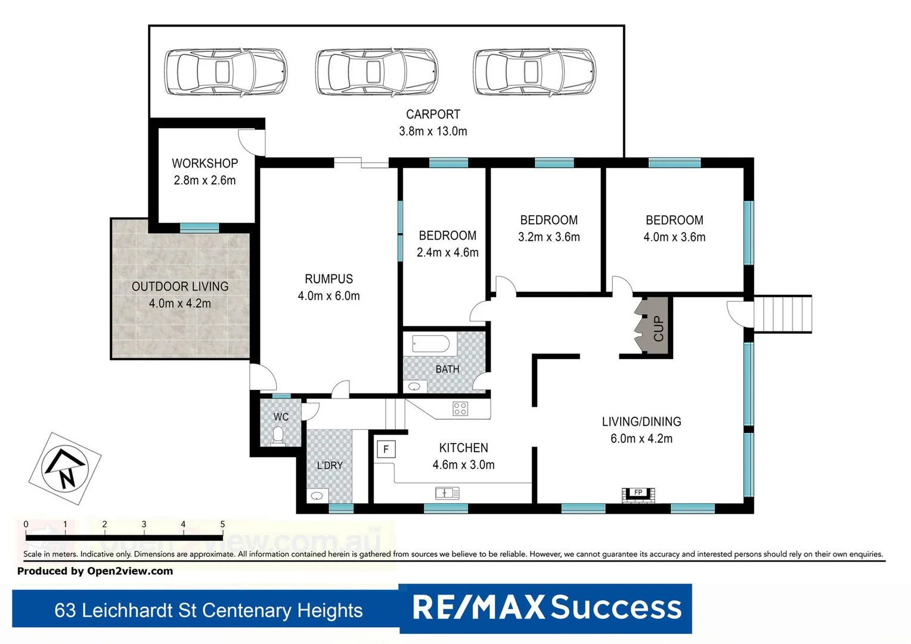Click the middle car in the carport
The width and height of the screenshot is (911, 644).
(376, 72)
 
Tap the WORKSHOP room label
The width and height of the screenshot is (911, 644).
(204, 163)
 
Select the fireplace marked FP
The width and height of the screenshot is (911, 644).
(638, 494)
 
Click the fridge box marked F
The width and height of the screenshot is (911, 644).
(386, 450)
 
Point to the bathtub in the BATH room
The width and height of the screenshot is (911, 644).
(430, 344)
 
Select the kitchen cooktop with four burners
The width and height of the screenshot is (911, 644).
(460, 408)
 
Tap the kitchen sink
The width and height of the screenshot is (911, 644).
(447, 493)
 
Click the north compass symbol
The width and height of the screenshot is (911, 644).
(65, 469)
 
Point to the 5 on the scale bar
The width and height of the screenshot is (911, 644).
(222, 525)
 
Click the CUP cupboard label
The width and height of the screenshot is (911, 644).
(658, 328)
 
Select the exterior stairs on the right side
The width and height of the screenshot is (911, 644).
(783, 314)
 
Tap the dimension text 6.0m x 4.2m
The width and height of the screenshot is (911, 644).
(641, 439)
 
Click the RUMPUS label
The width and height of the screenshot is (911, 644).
(329, 279)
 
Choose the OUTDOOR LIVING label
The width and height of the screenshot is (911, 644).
(180, 287)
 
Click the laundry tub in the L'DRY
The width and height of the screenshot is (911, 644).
(317, 496)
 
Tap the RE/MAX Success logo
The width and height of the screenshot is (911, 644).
(546, 608)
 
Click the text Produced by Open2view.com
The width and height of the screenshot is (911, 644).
(95, 571)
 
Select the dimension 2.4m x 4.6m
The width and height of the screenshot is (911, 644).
(447, 253)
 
